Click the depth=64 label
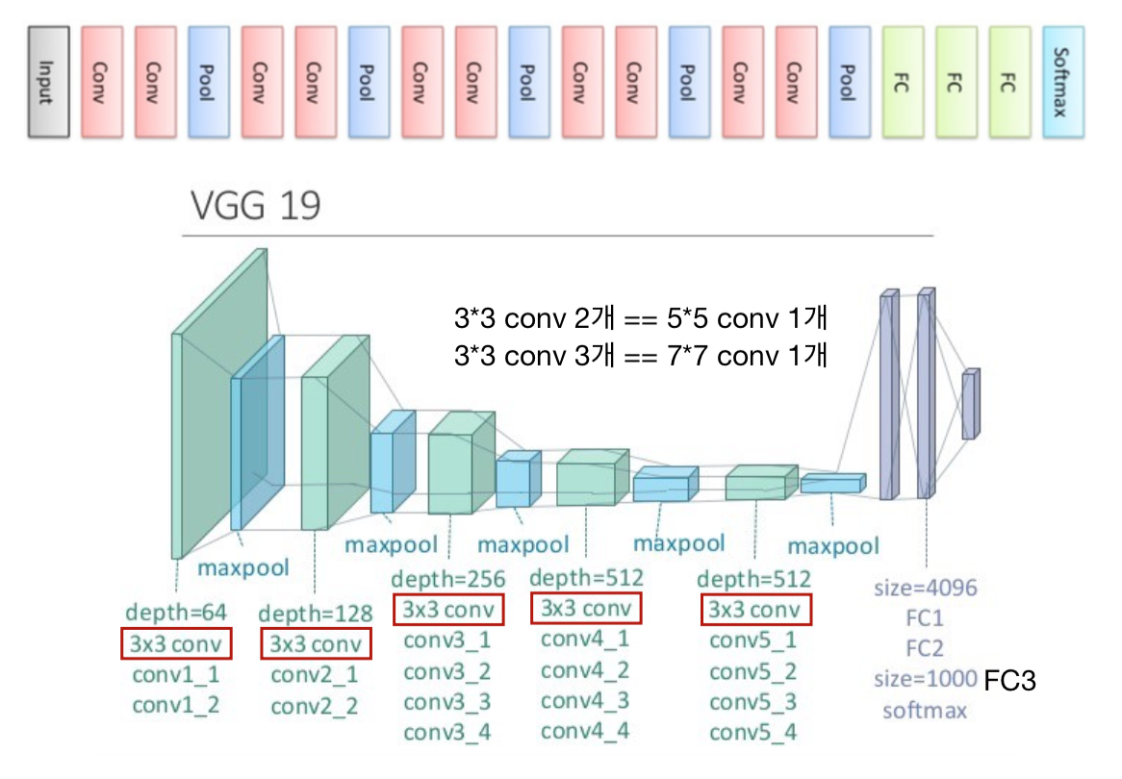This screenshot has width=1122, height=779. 176,612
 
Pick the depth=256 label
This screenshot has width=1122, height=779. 448,580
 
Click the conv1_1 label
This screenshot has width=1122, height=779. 176,674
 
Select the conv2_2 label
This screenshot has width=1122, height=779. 315,707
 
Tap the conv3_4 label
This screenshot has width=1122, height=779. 448,732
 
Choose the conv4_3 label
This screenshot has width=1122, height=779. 586,700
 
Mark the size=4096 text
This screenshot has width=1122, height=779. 926,587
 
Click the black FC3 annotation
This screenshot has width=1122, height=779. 1009,681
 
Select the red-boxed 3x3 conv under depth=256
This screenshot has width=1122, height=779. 448,610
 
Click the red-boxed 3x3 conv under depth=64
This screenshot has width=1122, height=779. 176,642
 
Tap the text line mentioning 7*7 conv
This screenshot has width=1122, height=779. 640,355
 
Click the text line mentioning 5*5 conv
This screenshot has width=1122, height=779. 640,318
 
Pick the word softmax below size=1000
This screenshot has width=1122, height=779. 926,712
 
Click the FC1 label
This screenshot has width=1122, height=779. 926,617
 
